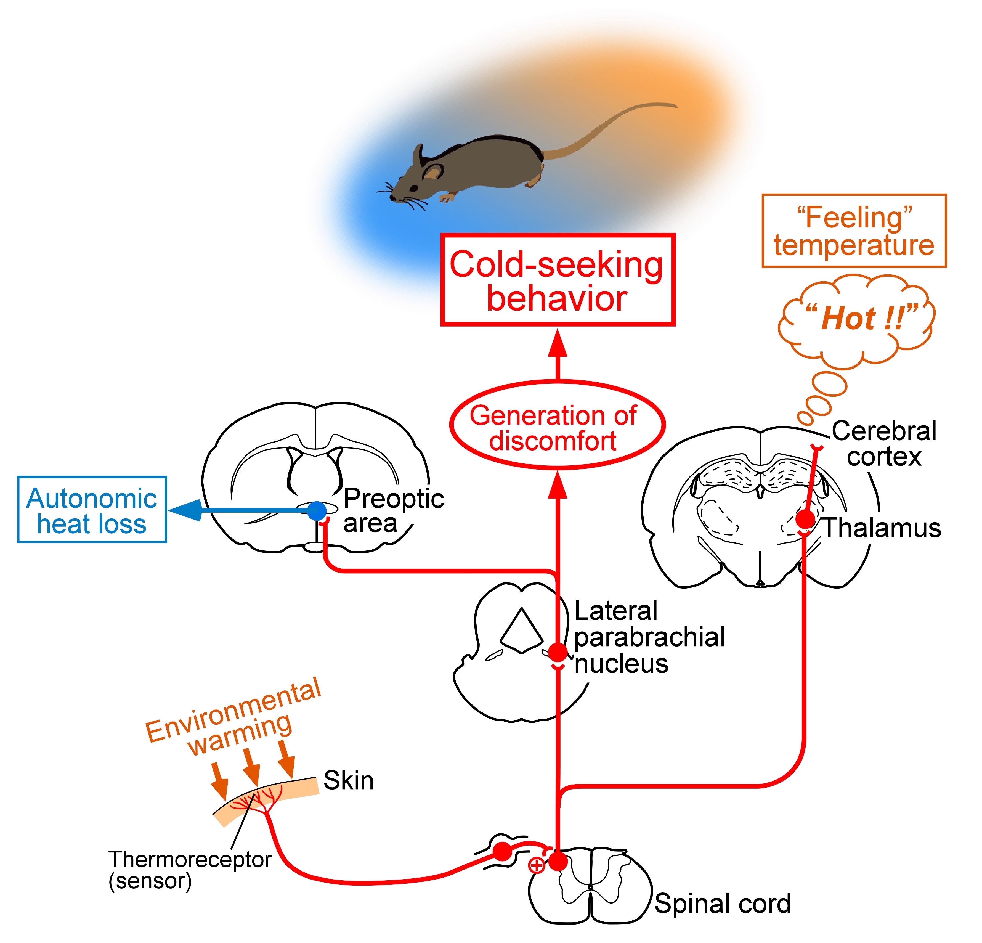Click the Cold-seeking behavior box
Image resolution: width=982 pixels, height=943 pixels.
point(557,280)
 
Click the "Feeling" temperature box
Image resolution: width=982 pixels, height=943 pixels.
point(854,231)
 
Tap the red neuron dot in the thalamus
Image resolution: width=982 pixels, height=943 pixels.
point(805,519)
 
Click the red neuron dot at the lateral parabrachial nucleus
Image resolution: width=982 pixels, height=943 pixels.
point(558,652)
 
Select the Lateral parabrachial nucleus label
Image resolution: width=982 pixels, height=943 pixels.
point(649,637)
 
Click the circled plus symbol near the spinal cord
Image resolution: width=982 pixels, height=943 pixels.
point(536,865)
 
